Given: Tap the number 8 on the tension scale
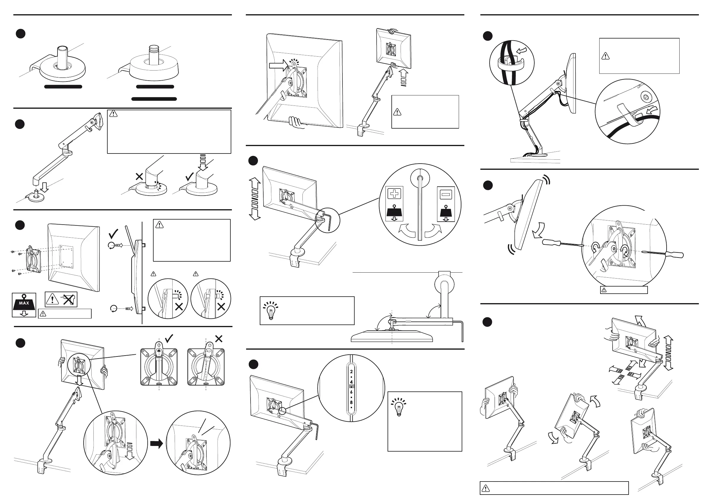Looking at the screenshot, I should click(351, 402).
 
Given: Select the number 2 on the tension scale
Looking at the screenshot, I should click(351, 372).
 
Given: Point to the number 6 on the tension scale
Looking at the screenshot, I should click(351, 392).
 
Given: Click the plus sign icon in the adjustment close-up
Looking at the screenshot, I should click(394, 194).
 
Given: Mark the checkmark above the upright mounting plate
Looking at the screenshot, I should click(169, 338).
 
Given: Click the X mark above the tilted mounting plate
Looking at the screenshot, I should click(219, 339).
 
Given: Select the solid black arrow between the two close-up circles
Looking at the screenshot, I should click(157, 443).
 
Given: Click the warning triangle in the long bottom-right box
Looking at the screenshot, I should click(485, 488).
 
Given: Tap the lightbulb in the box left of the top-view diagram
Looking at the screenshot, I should click(271, 310).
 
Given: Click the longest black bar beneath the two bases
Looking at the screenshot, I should click(154, 99).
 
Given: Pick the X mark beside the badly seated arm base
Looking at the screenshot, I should click(139, 177).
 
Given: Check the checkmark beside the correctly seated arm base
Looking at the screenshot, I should click(190, 177).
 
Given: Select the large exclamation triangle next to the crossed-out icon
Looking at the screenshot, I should click(53, 299).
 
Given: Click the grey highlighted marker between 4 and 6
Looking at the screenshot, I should click(351, 387).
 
